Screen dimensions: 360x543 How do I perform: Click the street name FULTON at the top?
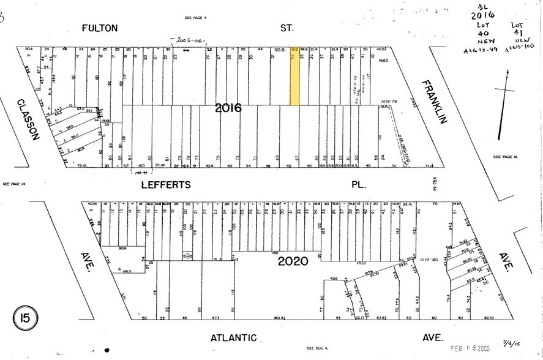(108, 28)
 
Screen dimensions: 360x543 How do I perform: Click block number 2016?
(228, 108)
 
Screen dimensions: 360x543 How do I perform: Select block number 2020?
(293, 261)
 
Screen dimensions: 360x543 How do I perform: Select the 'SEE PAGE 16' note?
(505, 157)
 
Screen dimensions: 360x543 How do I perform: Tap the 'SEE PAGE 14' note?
(15, 184)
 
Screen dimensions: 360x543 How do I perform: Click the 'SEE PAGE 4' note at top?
(196, 18)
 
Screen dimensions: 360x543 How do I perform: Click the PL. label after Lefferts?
(358, 184)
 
